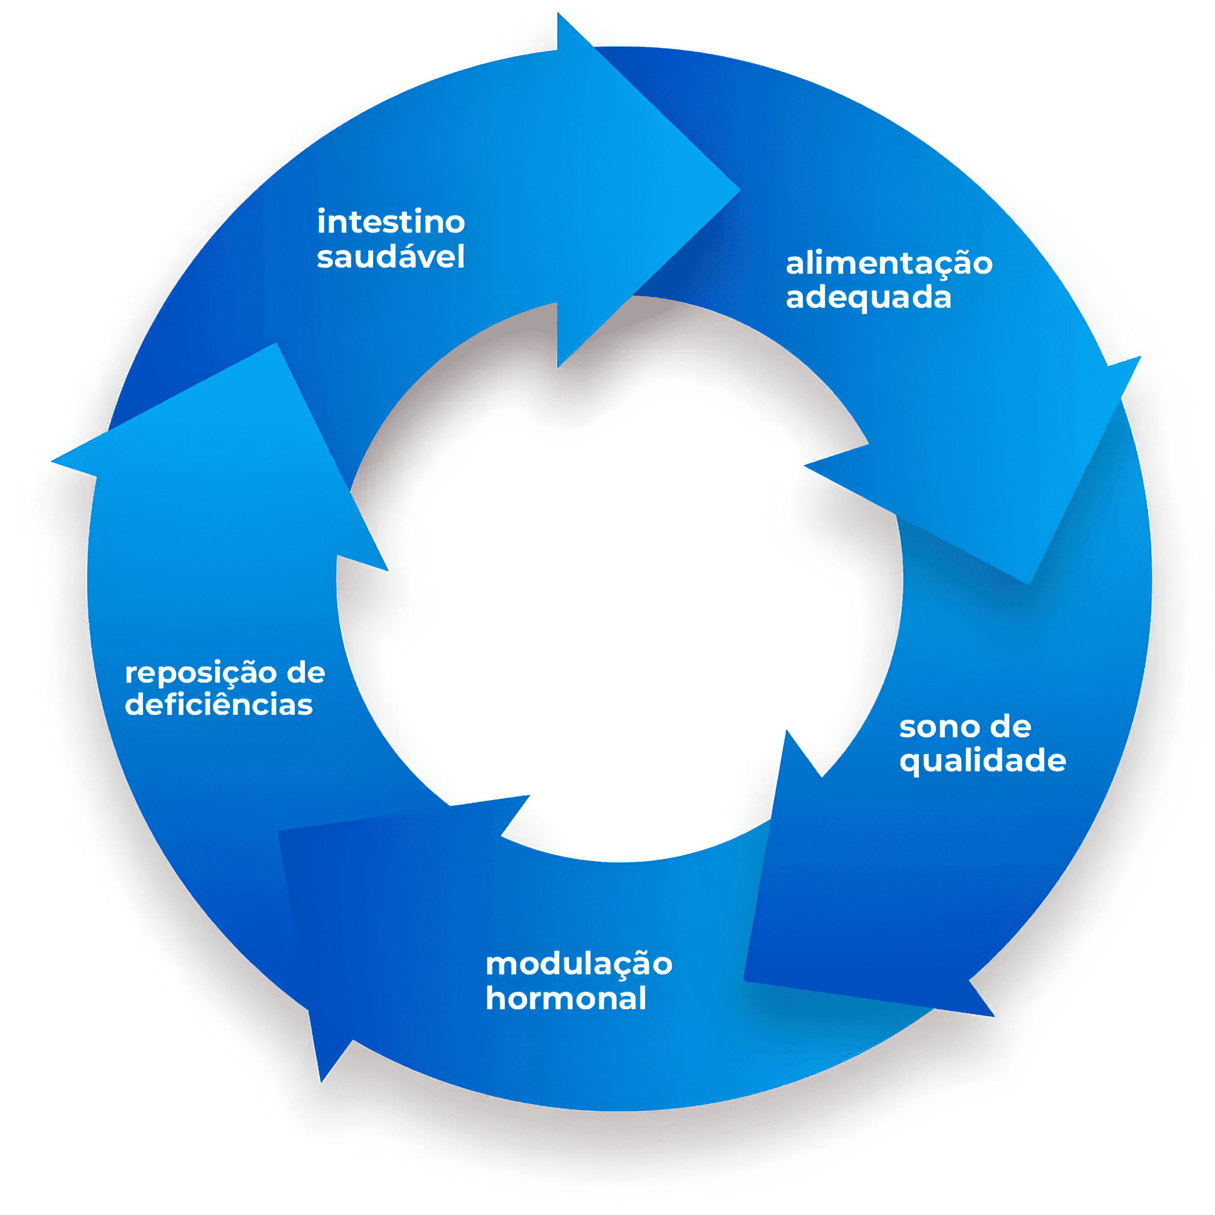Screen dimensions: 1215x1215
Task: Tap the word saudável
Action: click(x=391, y=257)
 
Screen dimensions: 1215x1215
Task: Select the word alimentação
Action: click(x=888, y=263)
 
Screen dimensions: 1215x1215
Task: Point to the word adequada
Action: click(x=868, y=297)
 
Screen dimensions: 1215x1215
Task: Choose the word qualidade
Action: click(x=982, y=761)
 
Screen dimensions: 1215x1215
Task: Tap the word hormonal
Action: click(x=566, y=998)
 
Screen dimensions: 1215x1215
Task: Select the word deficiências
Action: click(x=219, y=705)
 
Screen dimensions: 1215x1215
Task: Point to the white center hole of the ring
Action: click(x=620, y=578)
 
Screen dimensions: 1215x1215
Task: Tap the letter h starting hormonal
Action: click(x=495, y=998)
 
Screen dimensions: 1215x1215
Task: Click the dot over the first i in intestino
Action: click(x=321, y=211)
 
